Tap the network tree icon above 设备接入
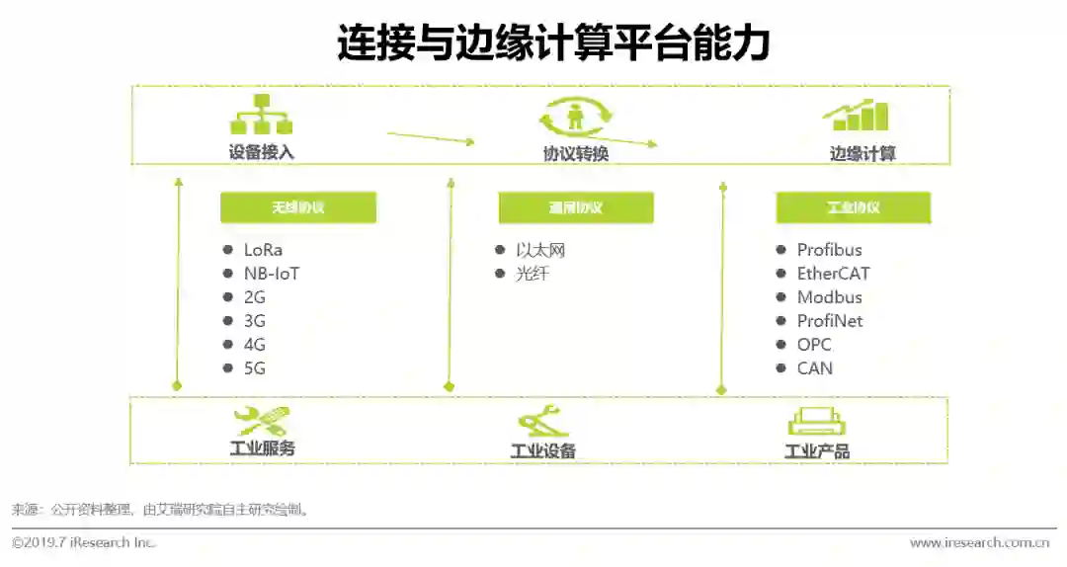coord(262,115)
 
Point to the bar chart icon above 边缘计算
coord(857,115)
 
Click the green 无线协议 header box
coord(297,207)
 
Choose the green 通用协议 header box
coord(575,207)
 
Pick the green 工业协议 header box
coord(853,207)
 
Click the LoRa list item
coord(263,250)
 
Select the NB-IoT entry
coord(271,274)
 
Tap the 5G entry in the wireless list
coord(255,368)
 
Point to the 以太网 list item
coord(540,250)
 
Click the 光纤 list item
coord(533,274)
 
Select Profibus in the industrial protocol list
coord(829,250)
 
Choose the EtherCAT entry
coord(833,274)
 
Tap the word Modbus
coord(829,297)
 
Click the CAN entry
coord(815,368)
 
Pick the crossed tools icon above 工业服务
coord(262,420)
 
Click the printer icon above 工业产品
coord(817,422)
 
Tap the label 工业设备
coord(542,451)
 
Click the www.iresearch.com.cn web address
coord(979,542)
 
